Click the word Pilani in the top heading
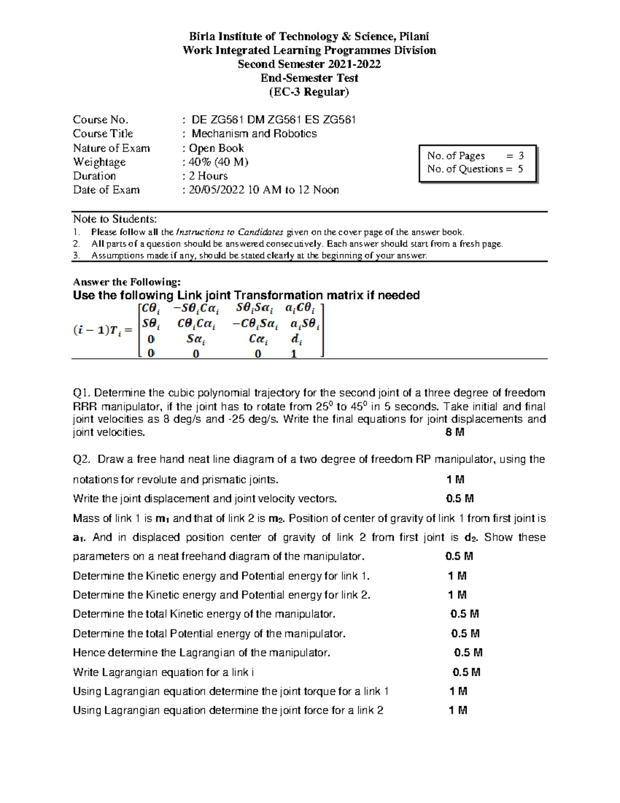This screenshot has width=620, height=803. point(414,36)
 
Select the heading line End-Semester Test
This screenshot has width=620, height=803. point(309,78)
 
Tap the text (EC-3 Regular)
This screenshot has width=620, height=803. point(309,92)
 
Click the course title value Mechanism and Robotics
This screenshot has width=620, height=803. point(254,133)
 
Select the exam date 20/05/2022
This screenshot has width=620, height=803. point(217,190)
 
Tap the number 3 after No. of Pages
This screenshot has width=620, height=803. point(521,156)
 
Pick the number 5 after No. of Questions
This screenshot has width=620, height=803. point(520,169)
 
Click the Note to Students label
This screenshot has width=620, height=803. point(115,219)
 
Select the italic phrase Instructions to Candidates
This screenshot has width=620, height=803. point(229,232)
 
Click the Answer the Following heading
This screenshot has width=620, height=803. point(127,282)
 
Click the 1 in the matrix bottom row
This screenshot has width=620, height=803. point(294,354)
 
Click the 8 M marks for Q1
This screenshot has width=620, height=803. point(455,432)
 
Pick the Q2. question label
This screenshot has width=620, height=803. point(82,459)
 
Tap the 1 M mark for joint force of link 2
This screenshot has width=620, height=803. point(458,710)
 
